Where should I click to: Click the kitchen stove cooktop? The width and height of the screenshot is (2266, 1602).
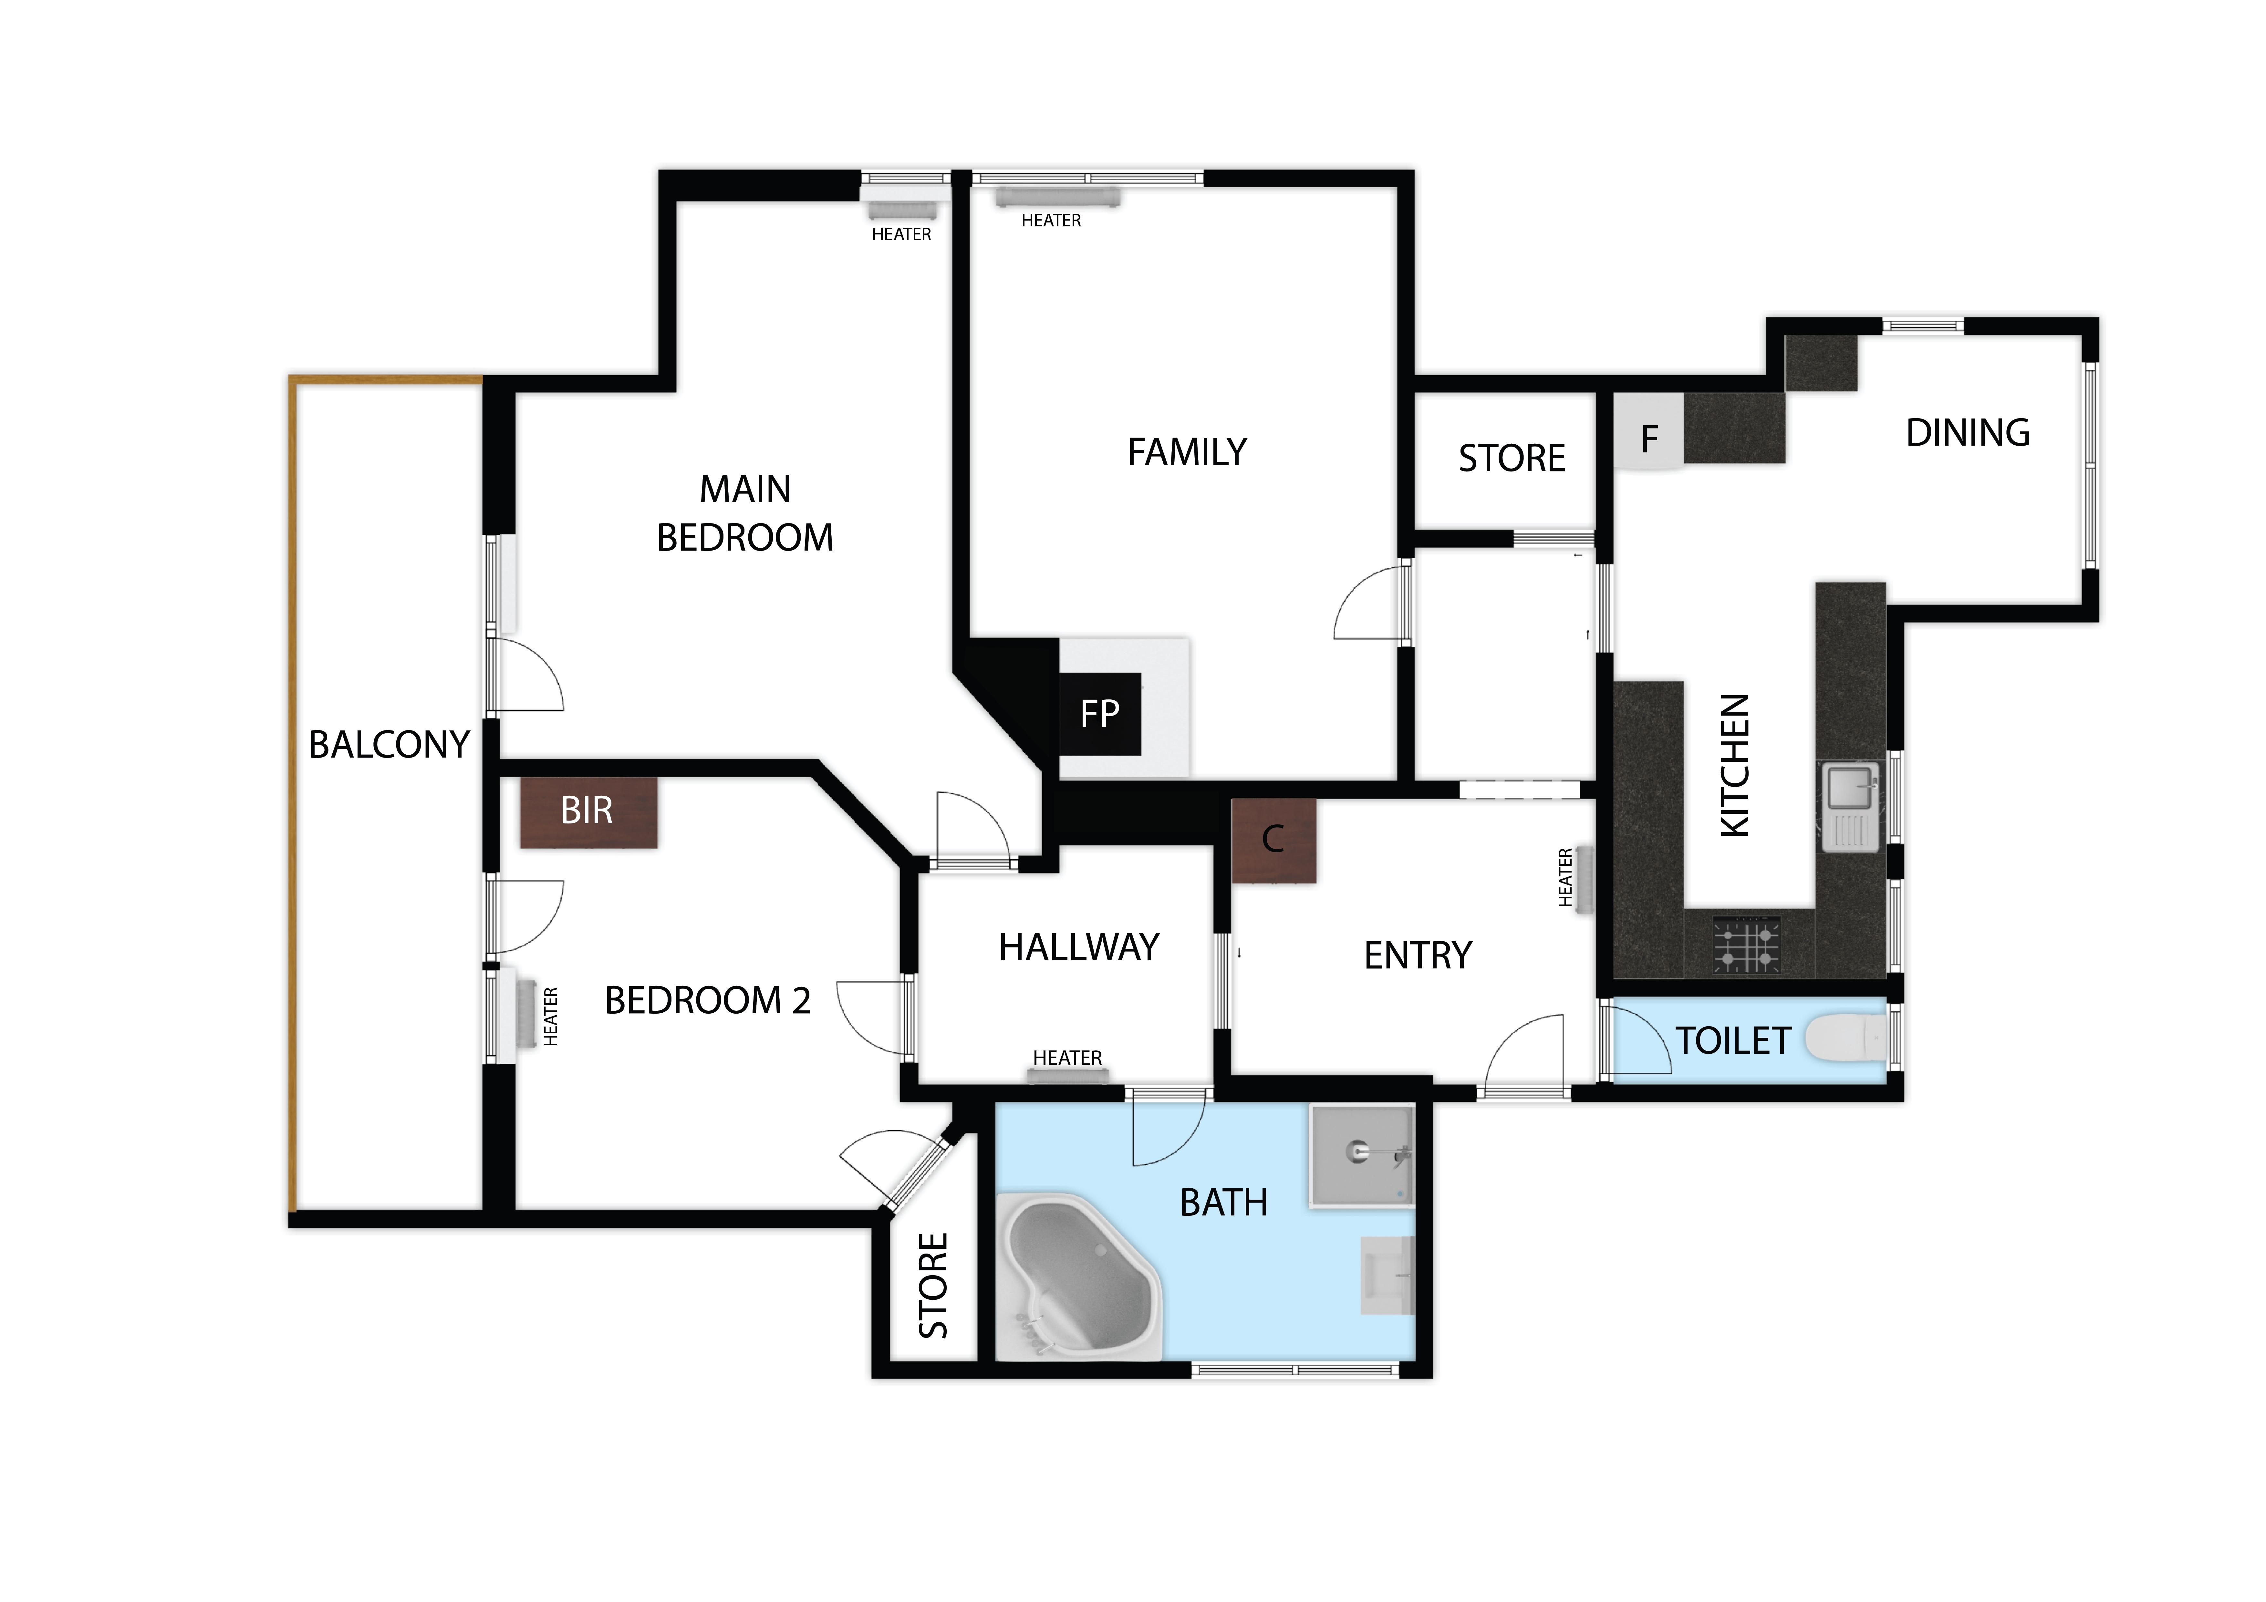1748,945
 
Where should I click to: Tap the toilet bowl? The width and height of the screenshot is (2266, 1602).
1845,1039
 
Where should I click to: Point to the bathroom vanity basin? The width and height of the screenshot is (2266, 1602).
1388,1275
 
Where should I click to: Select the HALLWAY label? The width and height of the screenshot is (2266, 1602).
1079,947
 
